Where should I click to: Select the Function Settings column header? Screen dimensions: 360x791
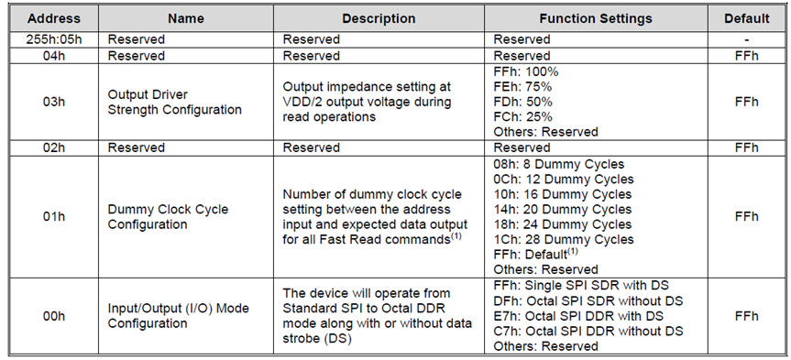point(595,18)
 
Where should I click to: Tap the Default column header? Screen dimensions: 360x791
point(746,18)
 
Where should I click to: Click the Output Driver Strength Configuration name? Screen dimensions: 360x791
point(174,101)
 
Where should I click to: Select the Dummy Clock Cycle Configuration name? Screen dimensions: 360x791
point(168,216)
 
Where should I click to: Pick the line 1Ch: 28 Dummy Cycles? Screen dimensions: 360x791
point(563,238)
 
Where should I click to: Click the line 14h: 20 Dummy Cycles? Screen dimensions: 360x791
point(563,209)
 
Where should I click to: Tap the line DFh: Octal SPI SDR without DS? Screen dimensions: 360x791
point(588,301)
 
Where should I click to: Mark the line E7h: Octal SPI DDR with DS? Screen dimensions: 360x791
point(577,316)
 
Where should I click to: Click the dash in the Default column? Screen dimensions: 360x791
point(746,39)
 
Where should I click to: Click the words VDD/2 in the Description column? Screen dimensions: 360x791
point(307,101)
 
